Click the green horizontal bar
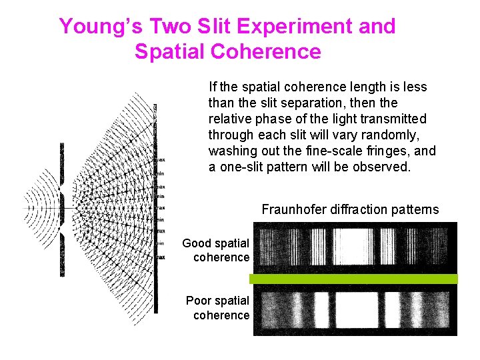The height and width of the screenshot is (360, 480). (353, 279)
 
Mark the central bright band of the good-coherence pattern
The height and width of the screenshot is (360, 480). (353, 248)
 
